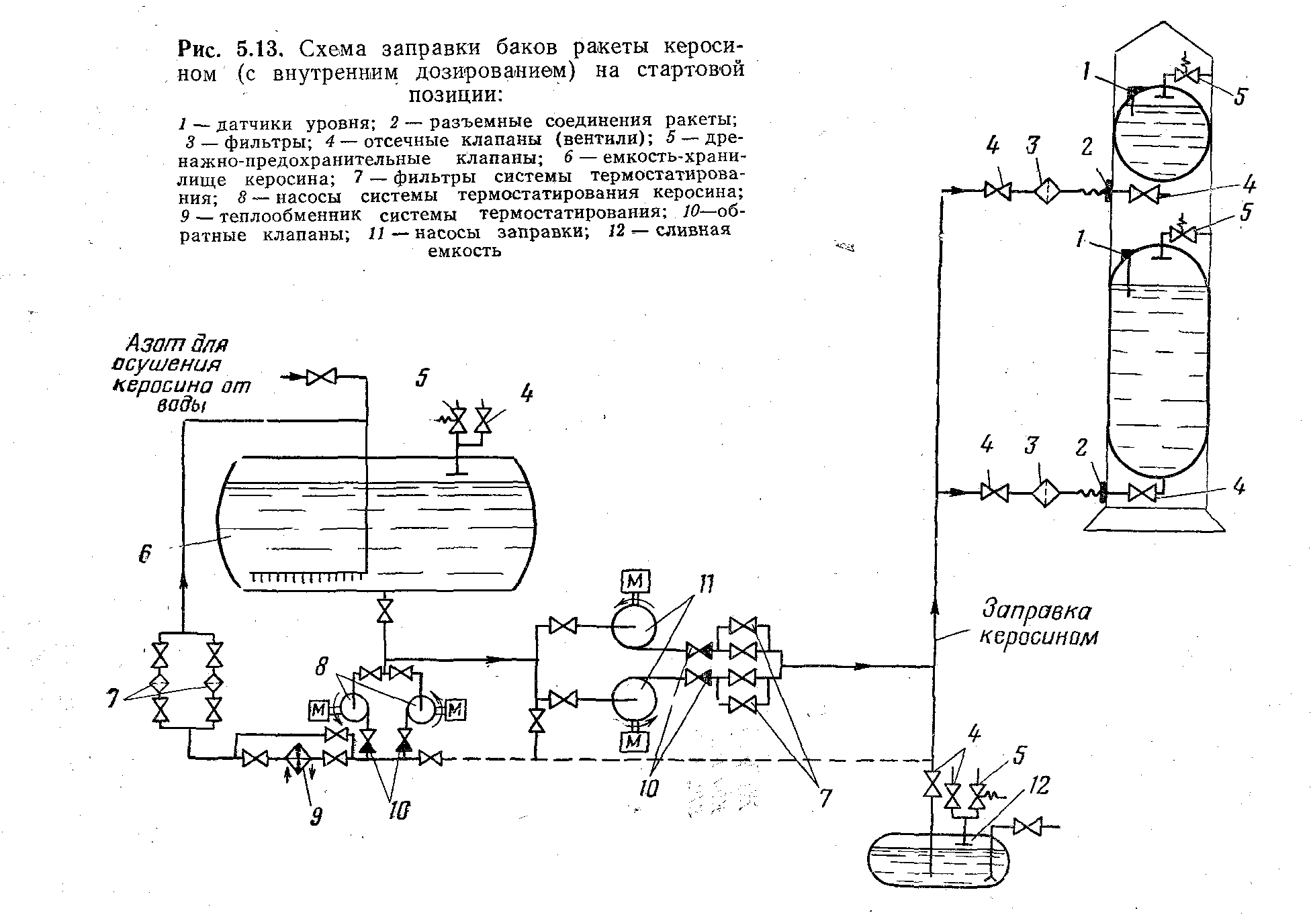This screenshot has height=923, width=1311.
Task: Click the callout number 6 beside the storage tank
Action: coord(145,554)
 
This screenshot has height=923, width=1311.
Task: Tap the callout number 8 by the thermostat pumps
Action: coord(323,667)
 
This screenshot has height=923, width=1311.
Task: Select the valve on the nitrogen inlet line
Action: coord(321,378)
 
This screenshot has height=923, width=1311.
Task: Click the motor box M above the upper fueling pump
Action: coord(635,580)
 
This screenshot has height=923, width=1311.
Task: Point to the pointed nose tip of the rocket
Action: coord(1163,23)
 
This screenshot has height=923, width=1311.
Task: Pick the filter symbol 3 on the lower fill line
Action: coord(1046,493)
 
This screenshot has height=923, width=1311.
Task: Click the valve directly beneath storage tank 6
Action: coord(385,612)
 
